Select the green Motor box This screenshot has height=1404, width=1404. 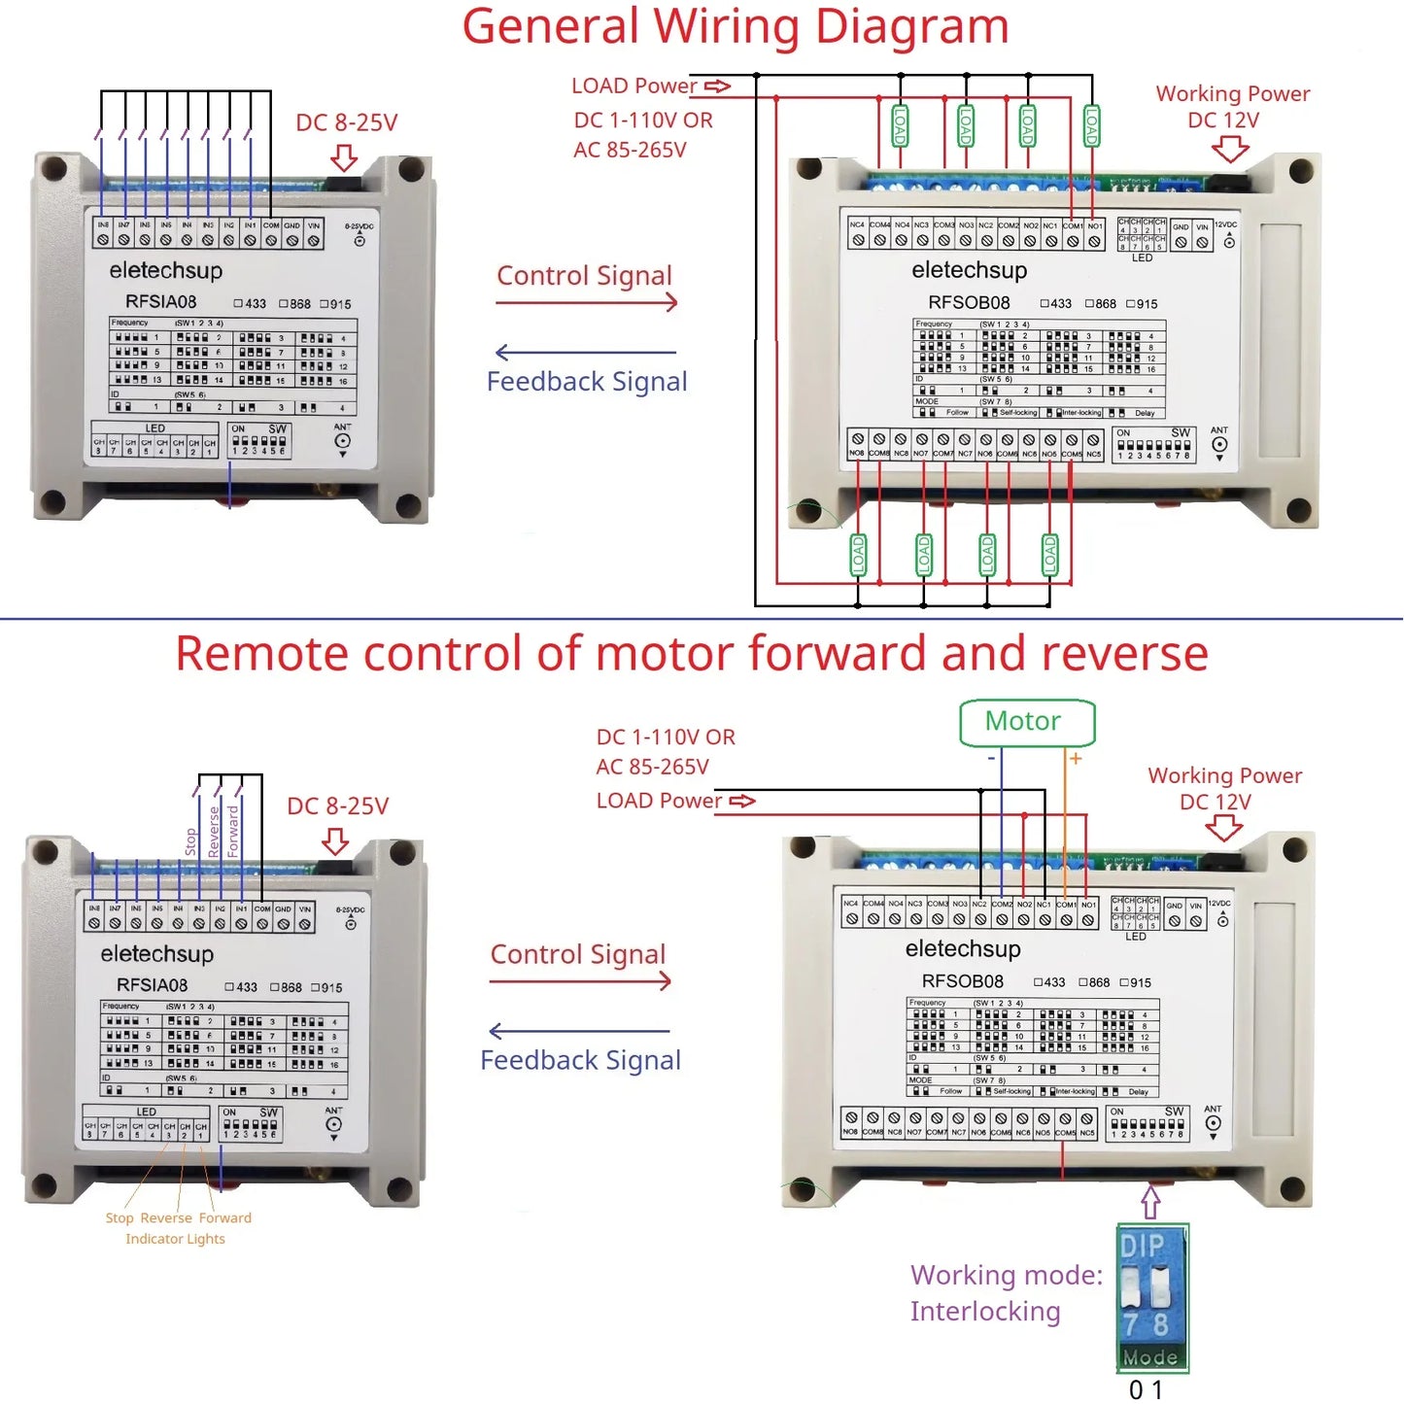(1026, 722)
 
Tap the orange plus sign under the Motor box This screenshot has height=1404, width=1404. (1076, 758)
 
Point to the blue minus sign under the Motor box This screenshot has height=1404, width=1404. (991, 758)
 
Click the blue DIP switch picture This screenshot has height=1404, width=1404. (1152, 1297)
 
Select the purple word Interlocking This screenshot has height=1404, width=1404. (985, 1312)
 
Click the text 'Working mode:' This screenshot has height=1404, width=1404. (1007, 1275)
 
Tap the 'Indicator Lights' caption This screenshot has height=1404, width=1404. (175, 1239)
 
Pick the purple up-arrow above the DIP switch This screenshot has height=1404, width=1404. (1151, 1201)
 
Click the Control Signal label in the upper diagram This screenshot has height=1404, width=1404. (584, 276)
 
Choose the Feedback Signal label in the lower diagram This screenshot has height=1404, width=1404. (580, 1060)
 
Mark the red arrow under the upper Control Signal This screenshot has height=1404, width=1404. (586, 303)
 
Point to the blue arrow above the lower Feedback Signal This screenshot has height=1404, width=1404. (580, 1031)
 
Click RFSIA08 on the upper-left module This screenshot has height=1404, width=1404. (160, 301)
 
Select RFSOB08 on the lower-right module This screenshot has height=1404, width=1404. (962, 981)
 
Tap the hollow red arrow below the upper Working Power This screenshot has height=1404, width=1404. (1230, 149)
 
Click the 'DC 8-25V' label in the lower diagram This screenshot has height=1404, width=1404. (337, 805)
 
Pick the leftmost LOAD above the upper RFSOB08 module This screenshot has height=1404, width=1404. (900, 125)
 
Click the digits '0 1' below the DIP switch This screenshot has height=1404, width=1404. (1146, 1390)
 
